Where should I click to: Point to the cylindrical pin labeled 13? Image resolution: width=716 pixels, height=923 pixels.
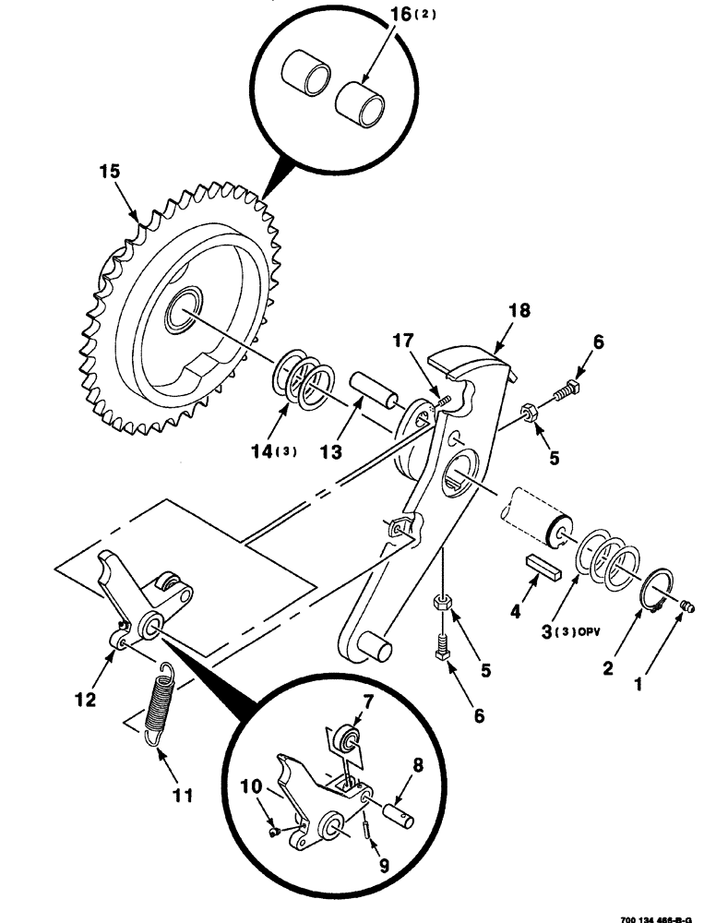pos(372,391)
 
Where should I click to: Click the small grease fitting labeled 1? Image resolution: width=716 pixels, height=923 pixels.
pos(686,605)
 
